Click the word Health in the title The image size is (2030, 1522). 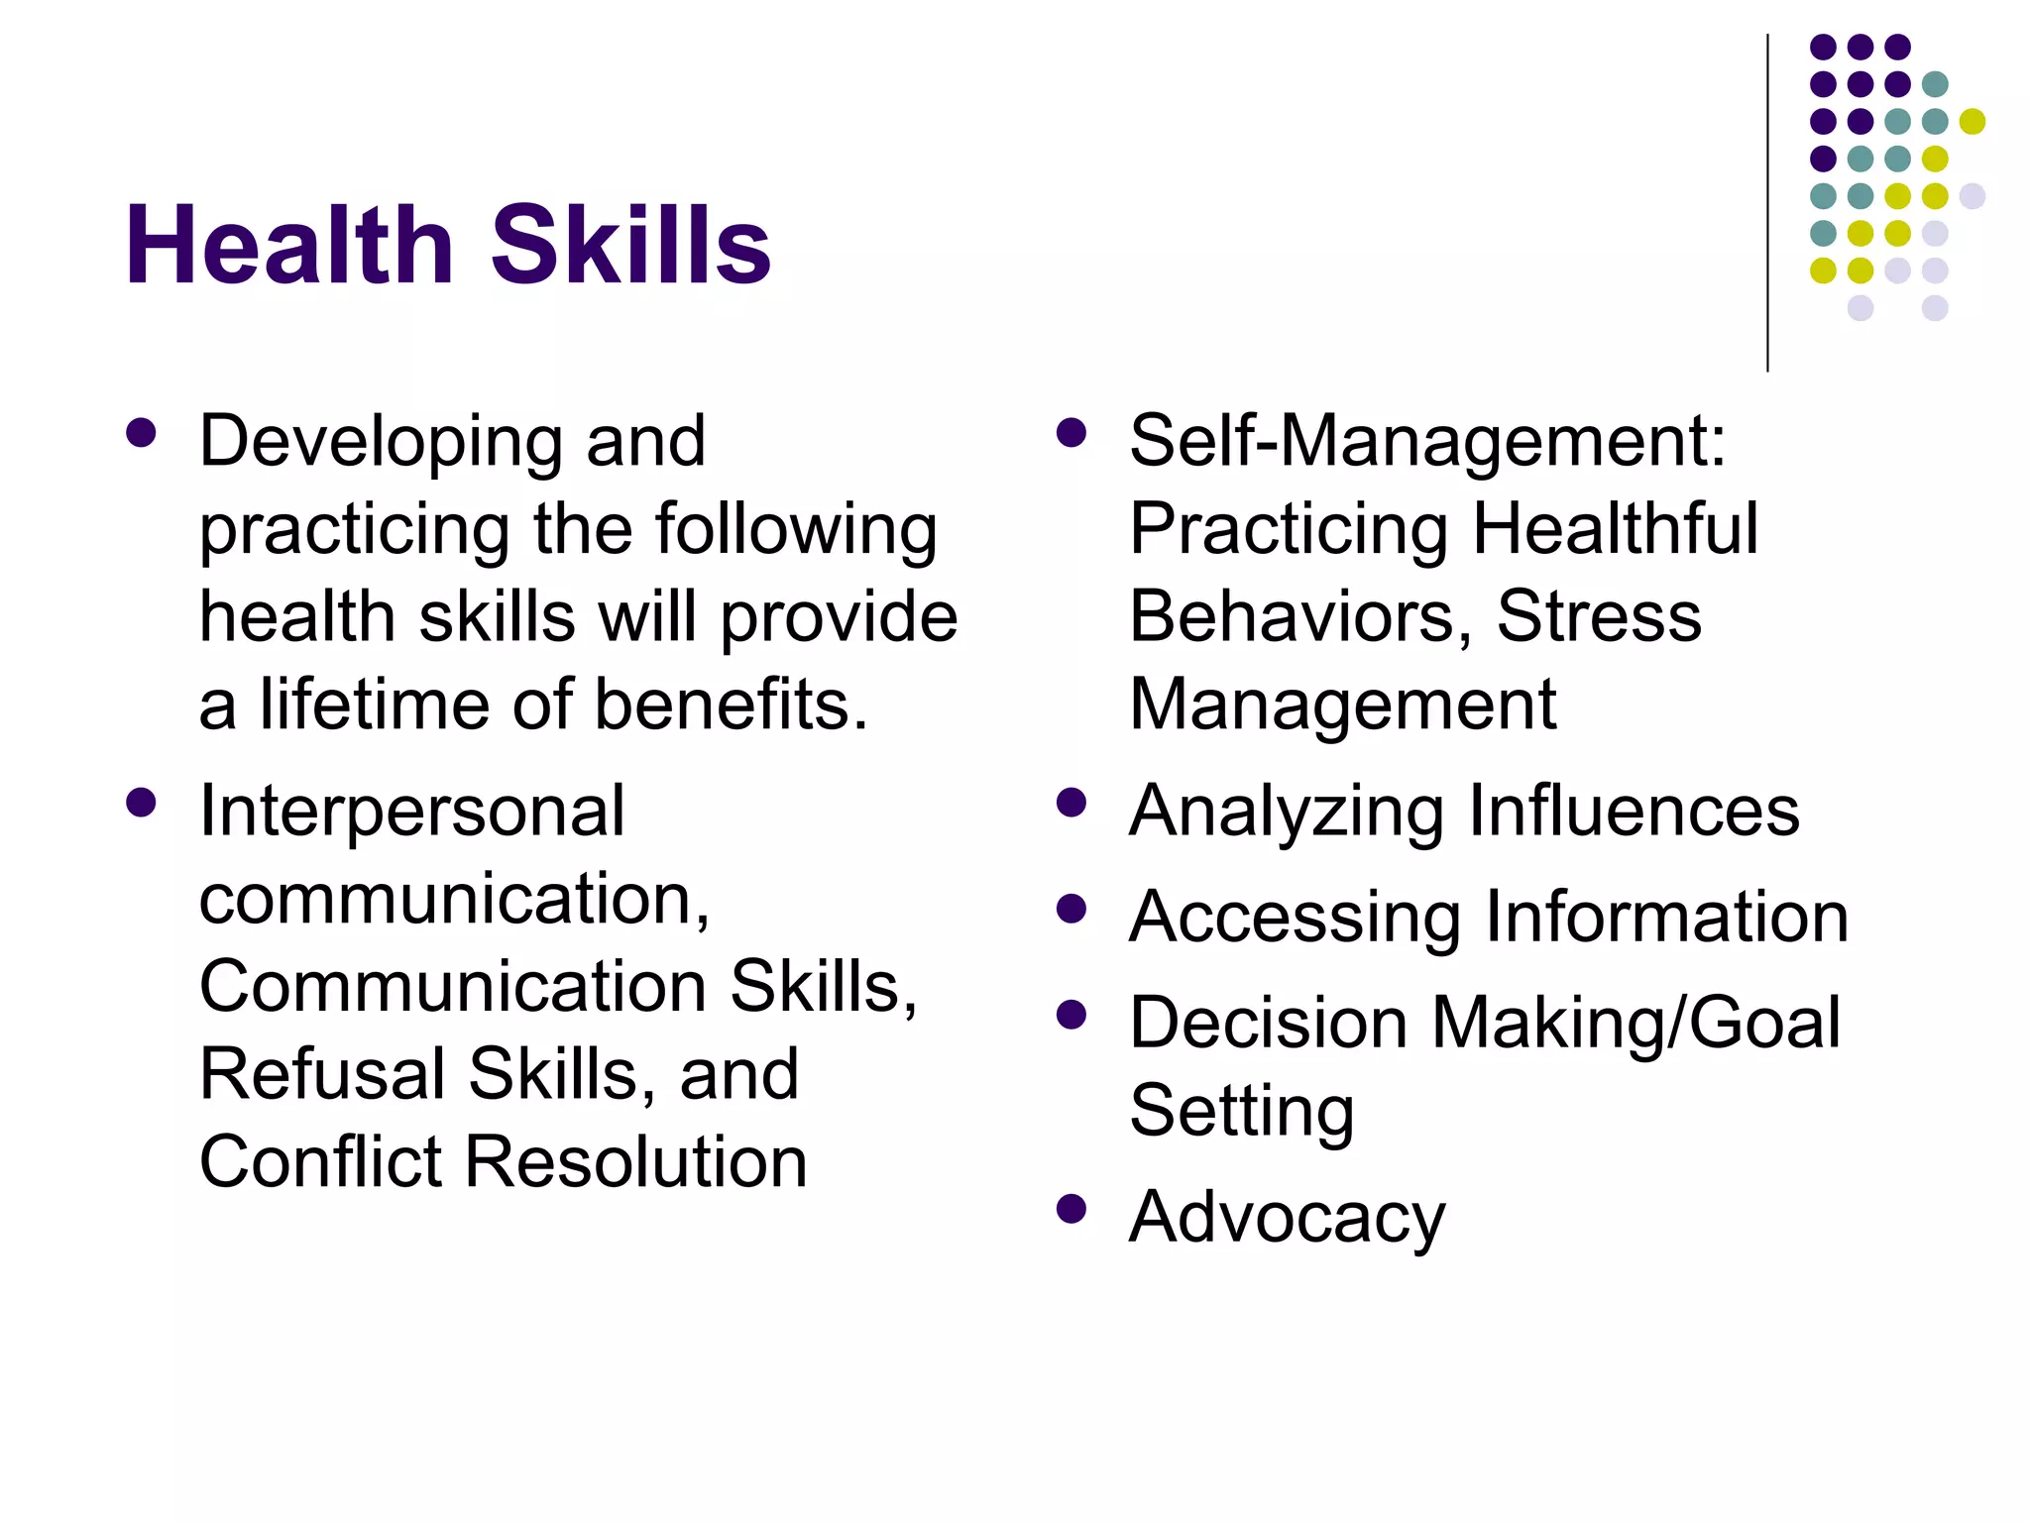click(288, 245)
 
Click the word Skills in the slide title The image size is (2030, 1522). click(630, 245)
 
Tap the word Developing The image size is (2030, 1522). click(381, 442)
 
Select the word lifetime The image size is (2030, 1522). click(376, 705)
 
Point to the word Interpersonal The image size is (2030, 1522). click(411, 812)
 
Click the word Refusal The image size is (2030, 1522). click(322, 1074)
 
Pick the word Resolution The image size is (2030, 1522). click(635, 1161)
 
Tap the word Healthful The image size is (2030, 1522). click(1615, 528)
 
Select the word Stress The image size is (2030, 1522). click(1599, 616)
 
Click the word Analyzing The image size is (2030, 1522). click(1287, 812)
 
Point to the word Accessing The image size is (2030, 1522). click(1295, 918)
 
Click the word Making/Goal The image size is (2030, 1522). click(1635, 1023)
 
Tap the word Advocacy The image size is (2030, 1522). click(1287, 1218)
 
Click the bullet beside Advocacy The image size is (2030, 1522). click(1071, 1209)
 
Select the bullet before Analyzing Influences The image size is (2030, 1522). click(1071, 802)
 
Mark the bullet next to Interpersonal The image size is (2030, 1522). click(141, 802)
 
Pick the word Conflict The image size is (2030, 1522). click(319, 1161)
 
